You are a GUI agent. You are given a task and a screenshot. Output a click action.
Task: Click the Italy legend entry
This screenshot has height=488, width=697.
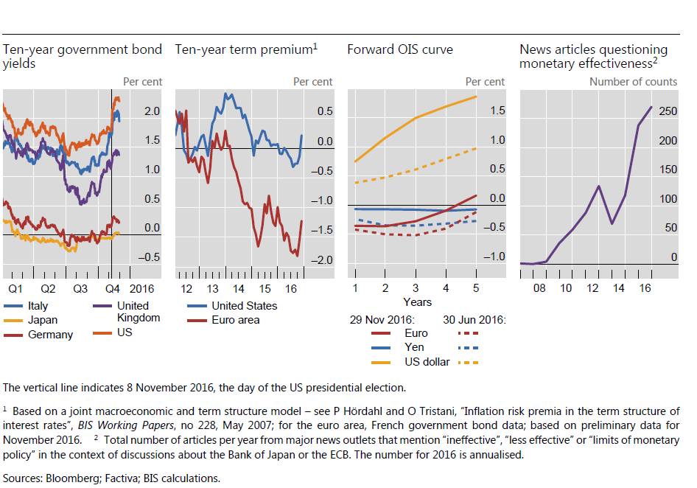tap(38, 306)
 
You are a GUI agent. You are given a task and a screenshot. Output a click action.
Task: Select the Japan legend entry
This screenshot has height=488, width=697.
tap(42, 321)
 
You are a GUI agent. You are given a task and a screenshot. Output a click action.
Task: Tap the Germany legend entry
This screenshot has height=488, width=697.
tap(50, 335)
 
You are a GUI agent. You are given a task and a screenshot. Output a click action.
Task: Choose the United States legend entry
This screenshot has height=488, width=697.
tap(244, 306)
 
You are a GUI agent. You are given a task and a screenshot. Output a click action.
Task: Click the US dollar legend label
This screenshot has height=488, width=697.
tap(427, 362)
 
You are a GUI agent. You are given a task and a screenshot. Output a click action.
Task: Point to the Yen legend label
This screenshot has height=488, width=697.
tap(415, 347)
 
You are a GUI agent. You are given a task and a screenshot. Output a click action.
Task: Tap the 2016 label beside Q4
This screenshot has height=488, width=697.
tap(141, 288)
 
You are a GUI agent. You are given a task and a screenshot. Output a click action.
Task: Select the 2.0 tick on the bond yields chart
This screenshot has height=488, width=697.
tap(153, 111)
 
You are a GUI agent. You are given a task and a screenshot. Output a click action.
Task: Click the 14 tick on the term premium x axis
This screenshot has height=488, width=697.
tap(239, 288)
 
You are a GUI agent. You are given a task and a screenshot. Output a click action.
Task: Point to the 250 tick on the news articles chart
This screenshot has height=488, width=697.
tap(668, 111)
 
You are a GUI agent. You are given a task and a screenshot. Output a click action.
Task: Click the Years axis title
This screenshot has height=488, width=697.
tap(417, 301)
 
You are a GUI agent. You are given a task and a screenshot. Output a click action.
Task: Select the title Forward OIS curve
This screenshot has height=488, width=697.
tap(400, 50)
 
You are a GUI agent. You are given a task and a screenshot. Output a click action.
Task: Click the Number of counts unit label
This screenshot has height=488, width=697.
tap(633, 82)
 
